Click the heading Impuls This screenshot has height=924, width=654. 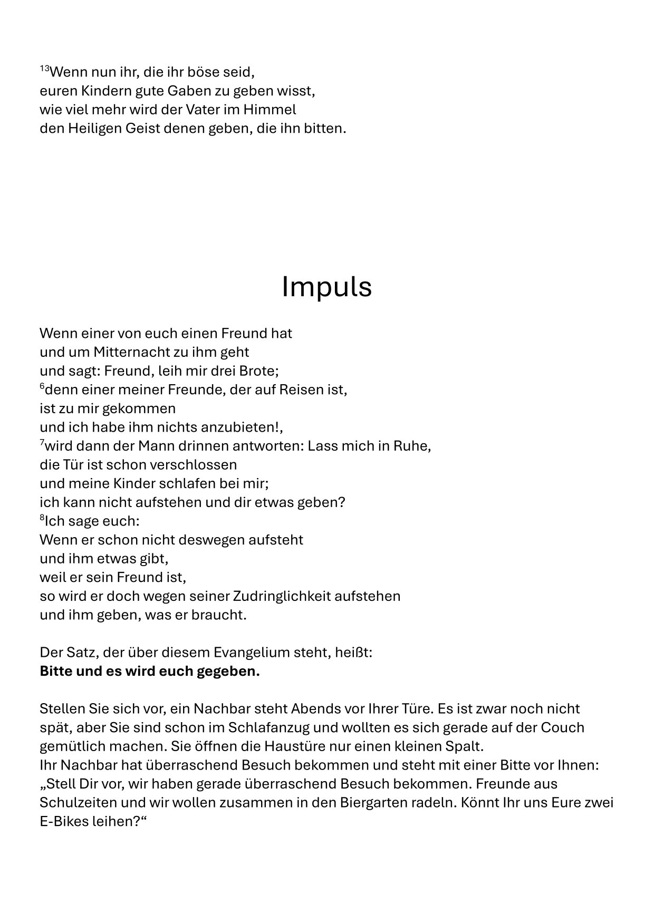click(x=326, y=287)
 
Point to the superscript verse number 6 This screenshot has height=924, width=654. click(x=42, y=386)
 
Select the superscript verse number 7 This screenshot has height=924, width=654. click(x=42, y=443)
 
